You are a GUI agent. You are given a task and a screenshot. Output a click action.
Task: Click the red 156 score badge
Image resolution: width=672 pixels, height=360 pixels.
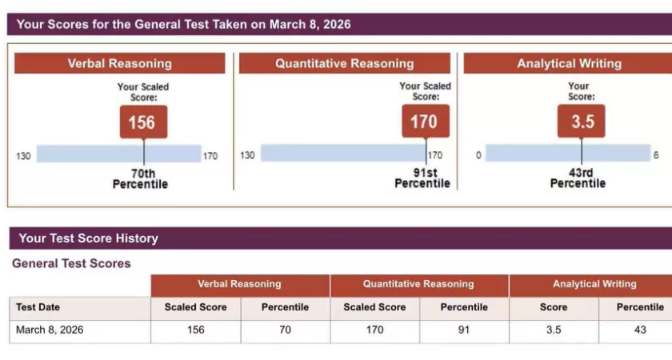[143, 122]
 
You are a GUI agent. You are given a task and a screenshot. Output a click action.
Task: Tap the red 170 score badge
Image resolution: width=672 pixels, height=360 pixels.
[425, 122]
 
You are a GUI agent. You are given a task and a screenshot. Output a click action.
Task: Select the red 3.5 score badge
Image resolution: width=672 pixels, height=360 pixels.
[581, 122]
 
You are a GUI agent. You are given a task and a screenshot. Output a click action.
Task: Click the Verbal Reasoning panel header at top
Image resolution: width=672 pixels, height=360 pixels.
[120, 64]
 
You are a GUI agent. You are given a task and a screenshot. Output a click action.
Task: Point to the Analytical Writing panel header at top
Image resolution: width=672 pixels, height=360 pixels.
[569, 64]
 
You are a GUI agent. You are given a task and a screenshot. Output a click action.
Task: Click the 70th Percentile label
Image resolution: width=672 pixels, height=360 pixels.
[140, 178]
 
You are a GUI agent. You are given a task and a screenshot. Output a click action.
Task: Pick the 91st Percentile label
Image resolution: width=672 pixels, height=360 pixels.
[422, 178]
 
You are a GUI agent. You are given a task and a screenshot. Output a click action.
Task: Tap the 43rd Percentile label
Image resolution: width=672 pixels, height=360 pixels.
[578, 178]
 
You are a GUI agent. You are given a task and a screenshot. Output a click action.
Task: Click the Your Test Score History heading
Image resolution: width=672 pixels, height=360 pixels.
[88, 238]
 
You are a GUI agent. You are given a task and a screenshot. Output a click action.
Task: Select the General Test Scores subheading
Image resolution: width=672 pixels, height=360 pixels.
[71, 263]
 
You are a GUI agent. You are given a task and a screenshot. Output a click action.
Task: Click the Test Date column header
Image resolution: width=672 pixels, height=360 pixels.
[38, 307]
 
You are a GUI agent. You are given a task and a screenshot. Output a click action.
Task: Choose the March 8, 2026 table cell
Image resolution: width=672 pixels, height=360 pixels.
[50, 330]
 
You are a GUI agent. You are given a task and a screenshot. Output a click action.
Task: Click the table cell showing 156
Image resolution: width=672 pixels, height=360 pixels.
[195, 330]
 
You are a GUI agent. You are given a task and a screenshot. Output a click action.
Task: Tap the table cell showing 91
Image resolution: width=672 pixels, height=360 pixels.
[464, 330]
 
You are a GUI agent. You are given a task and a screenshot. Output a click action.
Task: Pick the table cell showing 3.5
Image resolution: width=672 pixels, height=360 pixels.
[554, 330]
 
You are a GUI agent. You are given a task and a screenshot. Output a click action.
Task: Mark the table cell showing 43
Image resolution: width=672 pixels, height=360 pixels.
[640, 330]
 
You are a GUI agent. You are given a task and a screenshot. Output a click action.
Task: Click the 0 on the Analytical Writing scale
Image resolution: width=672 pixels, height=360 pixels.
[478, 155]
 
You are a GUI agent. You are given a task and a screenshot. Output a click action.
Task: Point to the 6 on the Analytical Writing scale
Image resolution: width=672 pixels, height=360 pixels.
[656, 155]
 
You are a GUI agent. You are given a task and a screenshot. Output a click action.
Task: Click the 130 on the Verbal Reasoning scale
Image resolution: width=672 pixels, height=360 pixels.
[23, 156]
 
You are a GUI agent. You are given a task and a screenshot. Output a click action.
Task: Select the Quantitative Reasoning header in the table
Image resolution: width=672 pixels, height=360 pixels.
[418, 284]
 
